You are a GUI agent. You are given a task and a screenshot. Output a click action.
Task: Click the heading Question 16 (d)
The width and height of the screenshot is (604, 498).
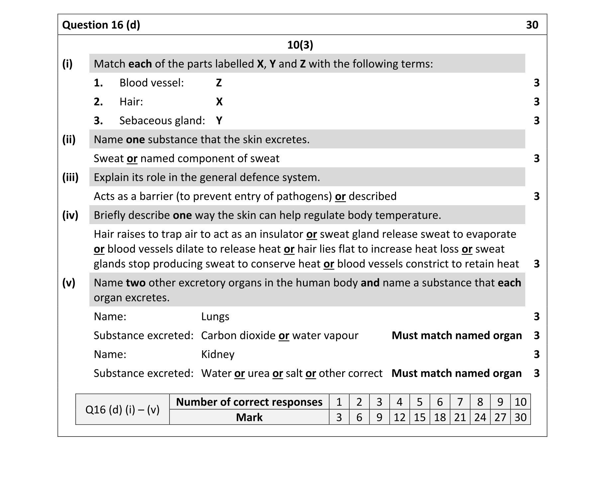(101, 25)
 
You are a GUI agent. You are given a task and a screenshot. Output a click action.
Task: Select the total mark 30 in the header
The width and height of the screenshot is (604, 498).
(532, 25)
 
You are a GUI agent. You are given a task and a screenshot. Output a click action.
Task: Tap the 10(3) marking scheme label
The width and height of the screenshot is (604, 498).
(300, 45)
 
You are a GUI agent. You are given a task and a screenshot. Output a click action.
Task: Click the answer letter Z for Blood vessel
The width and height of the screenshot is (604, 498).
(219, 83)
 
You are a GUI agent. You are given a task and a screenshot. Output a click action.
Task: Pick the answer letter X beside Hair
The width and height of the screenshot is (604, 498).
(219, 102)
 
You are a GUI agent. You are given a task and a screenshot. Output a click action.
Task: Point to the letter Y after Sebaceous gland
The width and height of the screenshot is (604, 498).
(219, 121)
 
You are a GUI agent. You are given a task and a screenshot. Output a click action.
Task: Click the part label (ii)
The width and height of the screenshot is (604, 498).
(69, 139)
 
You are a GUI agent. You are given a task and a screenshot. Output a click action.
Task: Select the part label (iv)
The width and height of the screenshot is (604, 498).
(70, 215)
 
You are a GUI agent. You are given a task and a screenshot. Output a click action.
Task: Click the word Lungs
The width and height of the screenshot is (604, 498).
(215, 317)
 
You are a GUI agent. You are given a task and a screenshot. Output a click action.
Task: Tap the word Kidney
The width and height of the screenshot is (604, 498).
(218, 355)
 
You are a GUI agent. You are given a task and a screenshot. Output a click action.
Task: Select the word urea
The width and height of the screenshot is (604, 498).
(258, 373)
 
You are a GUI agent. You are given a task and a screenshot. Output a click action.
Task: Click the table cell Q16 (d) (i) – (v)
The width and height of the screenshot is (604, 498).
(122, 410)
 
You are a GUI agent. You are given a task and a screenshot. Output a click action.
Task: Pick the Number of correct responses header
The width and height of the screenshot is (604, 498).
(249, 402)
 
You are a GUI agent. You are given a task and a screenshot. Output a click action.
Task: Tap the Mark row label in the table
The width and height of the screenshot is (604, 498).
(249, 417)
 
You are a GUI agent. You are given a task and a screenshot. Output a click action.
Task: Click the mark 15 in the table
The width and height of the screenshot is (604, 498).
(420, 417)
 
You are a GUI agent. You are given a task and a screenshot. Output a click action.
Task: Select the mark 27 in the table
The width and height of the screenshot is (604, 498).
(500, 417)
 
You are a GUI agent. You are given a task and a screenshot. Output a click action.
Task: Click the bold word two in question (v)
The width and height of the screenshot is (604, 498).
(136, 283)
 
